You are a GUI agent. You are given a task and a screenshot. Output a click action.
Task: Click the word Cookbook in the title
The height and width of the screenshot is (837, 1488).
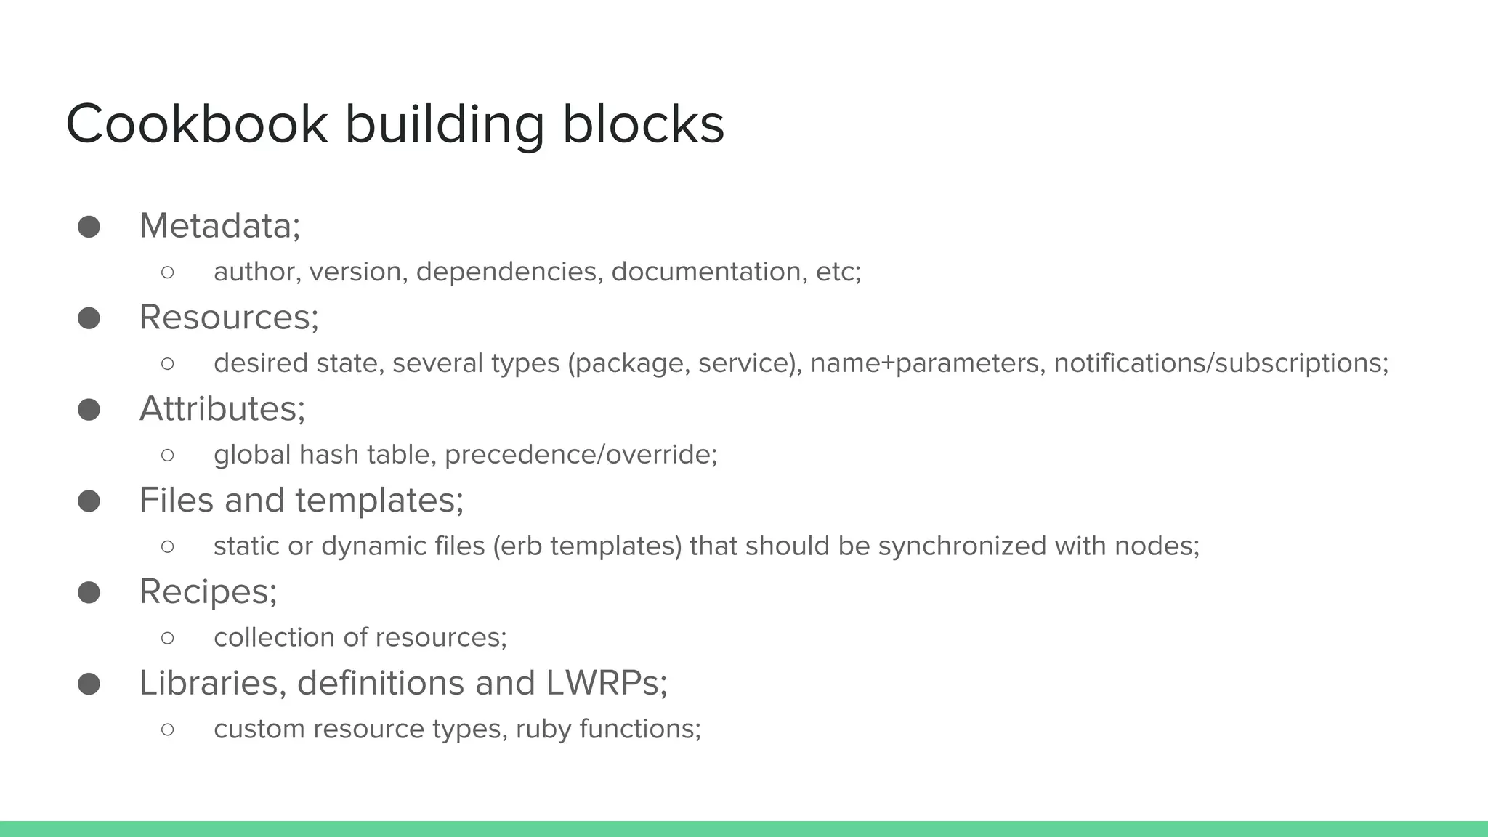click(196, 124)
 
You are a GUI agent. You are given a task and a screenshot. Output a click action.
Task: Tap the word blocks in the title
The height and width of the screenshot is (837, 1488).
click(643, 124)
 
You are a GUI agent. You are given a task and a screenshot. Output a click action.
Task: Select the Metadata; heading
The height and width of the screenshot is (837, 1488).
click(219, 225)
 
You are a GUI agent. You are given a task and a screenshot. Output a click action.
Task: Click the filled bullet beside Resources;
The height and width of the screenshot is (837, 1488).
click(89, 318)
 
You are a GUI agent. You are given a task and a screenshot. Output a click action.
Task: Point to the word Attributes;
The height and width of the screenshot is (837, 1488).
click(222, 408)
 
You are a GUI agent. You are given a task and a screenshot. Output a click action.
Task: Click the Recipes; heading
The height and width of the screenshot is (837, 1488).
click(209, 591)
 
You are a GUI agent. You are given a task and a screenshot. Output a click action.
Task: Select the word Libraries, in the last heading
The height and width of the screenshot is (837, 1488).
click(213, 683)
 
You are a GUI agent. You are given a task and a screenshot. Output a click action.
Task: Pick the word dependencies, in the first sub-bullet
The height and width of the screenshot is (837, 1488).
click(509, 272)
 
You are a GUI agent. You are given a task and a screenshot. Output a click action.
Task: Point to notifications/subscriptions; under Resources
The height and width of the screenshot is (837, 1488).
click(1221, 363)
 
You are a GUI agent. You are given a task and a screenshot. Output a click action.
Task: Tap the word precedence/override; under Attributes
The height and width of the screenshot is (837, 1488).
click(581, 455)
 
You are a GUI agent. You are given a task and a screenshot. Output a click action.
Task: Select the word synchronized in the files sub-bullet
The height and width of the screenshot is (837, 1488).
click(962, 546)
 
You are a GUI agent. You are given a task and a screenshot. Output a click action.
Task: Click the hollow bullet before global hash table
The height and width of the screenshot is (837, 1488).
click(168, 455)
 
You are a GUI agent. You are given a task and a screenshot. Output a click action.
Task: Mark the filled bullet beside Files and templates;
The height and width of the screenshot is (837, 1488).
click(89, 501)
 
